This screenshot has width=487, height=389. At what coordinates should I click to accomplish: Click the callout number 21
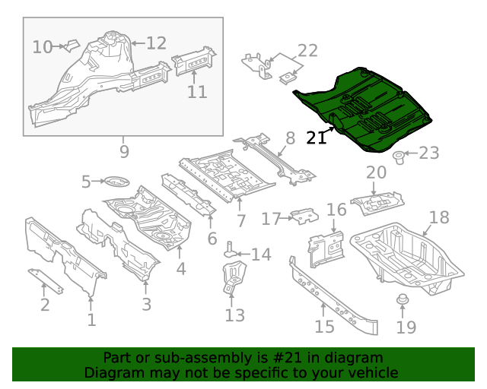click(x=317, y=138)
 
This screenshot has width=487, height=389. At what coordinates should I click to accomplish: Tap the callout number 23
click(x=429, y=153)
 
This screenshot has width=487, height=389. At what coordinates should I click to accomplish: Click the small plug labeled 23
click(x=397, y=157)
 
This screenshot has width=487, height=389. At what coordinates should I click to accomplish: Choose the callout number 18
click(x=439, y=218)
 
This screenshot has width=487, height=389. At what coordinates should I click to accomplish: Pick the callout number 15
click(x=324, y=327)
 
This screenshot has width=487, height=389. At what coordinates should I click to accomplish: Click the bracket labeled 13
click(x=234, y=277)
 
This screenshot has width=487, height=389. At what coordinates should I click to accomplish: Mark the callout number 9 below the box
click(x=124, y=151)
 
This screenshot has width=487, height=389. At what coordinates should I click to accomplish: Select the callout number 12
click(x=156, y=43)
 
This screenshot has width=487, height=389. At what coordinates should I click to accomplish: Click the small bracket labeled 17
click(x=306, y=217)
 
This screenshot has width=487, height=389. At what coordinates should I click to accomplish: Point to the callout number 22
click(x=307, y=51)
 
